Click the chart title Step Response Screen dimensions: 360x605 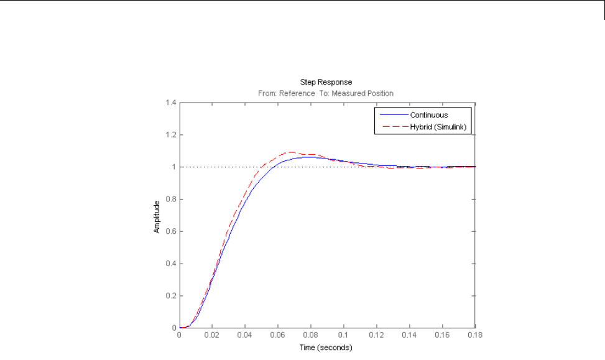tap(326, 82)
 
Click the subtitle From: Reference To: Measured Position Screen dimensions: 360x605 tap(326, 93)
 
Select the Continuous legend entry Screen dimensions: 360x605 tap(428, 115)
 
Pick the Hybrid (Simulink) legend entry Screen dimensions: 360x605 tap(438, 127)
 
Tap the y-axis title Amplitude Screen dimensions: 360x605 tap(157, 216)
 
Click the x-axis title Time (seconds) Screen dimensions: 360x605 tap(326, 347)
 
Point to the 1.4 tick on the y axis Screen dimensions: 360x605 tap(169, 102)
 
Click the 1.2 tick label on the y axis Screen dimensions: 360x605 tap(169, 134)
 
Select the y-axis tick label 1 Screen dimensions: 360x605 tap(173, 167)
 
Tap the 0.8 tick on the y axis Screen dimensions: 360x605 tap(169, 199)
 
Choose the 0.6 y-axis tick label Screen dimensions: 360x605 tap(169, 231)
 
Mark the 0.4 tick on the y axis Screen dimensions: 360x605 tap(169, 264)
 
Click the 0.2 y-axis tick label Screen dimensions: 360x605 tap(169, 296)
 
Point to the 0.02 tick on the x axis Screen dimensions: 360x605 tap(212, 335)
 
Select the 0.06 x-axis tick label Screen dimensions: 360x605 tap(278, 335)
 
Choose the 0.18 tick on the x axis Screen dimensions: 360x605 tap(474, 335)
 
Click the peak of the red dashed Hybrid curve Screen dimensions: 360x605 tap(291, 152)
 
